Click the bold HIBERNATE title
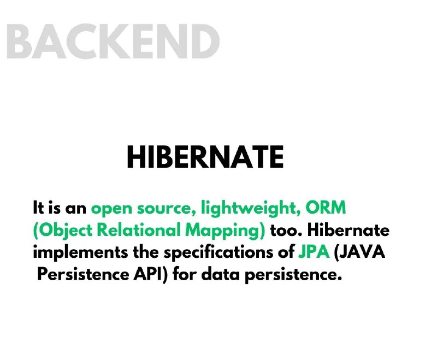pos(205,157)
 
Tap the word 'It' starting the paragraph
pos(38,208)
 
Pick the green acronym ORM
pos(326,208)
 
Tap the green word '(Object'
pos(62,231)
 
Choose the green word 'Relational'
pos(139,230)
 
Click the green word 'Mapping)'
pos(225,231)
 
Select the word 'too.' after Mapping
pos(286,231)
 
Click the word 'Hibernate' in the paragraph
pos(348,230)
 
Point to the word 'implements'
pos(80,253)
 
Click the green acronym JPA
pos(314,252)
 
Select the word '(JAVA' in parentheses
pos(359,252)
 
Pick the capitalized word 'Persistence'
pos(83,274)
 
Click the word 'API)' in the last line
pos(151,274)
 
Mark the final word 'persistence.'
pos(293,275)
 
